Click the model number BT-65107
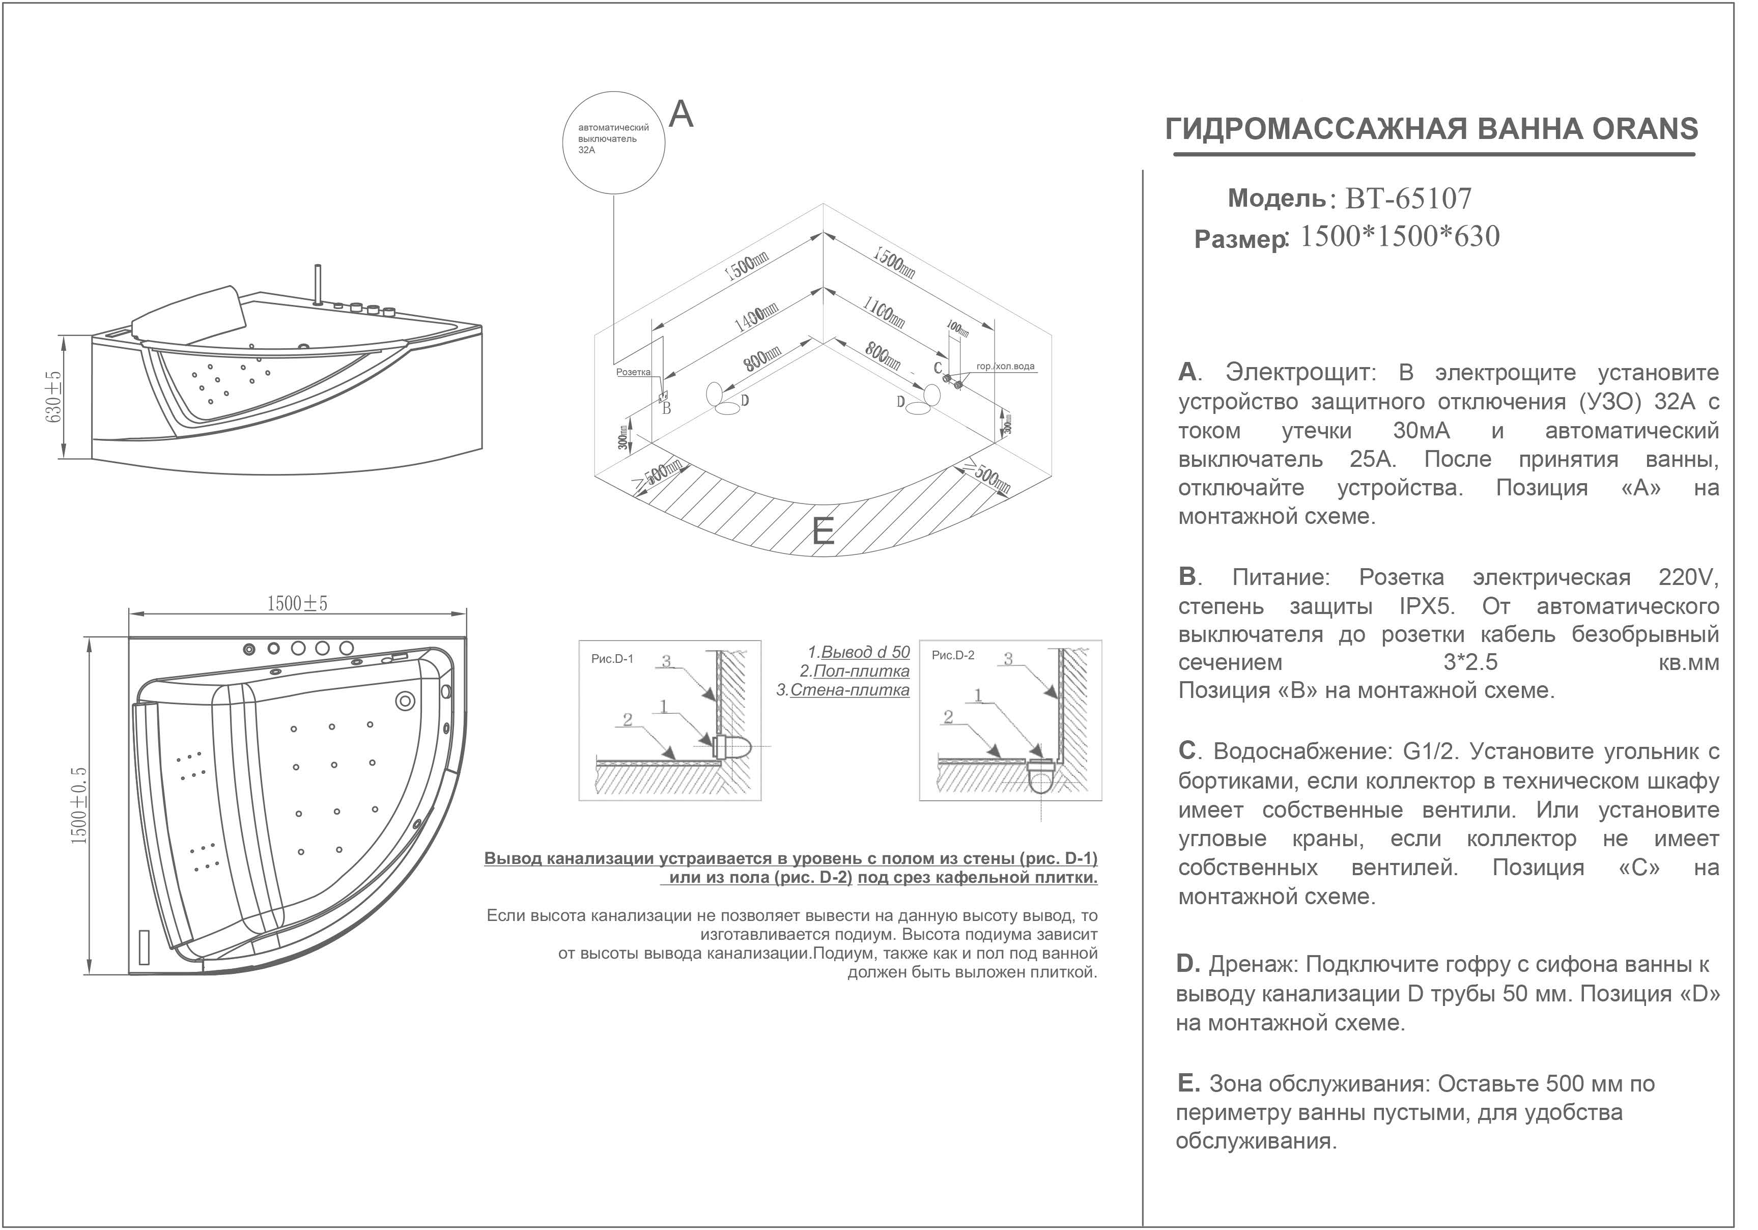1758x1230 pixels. click(x=1408, y=199)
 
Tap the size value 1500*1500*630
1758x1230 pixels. click(x=1400, y=237)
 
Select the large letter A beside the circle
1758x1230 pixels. click(x=682, y=115)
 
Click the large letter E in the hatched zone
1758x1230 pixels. click(x=823, y=532)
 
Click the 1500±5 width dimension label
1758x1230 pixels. click(x=297, y=604)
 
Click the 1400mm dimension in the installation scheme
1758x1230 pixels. click(x=756, y=318)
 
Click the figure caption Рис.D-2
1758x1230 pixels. click(x=953, y=656)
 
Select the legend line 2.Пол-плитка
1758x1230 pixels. click(x=855, y=672)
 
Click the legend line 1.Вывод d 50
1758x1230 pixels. click(x=859, y=653)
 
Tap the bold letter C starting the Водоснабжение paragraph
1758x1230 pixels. click(x=1187, y=751)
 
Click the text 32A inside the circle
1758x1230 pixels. click(x=587, y=151)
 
